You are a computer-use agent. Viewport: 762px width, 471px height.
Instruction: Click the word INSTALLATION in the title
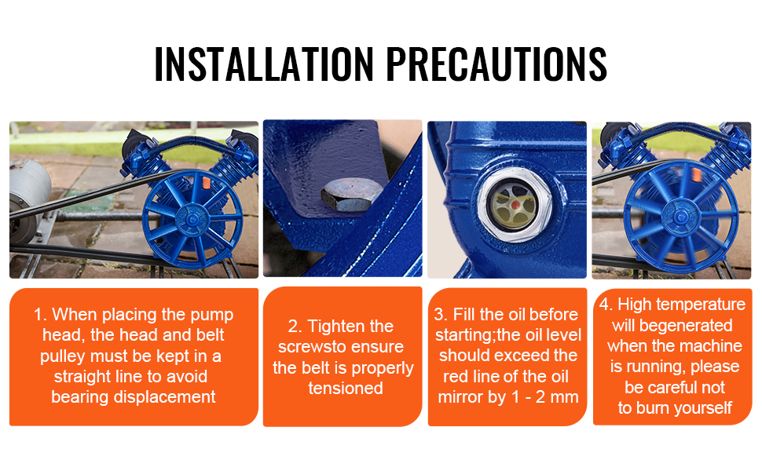264,64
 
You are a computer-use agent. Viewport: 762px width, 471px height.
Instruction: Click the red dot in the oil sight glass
515,205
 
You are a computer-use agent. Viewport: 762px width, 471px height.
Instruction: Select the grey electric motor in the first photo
29,199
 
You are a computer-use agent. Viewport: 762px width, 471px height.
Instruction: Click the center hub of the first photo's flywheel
192,221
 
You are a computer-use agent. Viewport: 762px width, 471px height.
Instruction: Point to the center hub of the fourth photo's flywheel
680,217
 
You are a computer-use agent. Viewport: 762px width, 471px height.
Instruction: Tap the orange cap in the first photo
206,183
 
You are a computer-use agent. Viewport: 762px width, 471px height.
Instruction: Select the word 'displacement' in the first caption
164,396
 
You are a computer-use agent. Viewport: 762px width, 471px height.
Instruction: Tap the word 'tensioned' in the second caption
346,388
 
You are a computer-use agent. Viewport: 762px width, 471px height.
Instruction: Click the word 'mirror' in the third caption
460,397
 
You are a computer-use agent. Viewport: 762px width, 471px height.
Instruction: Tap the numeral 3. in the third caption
441,314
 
